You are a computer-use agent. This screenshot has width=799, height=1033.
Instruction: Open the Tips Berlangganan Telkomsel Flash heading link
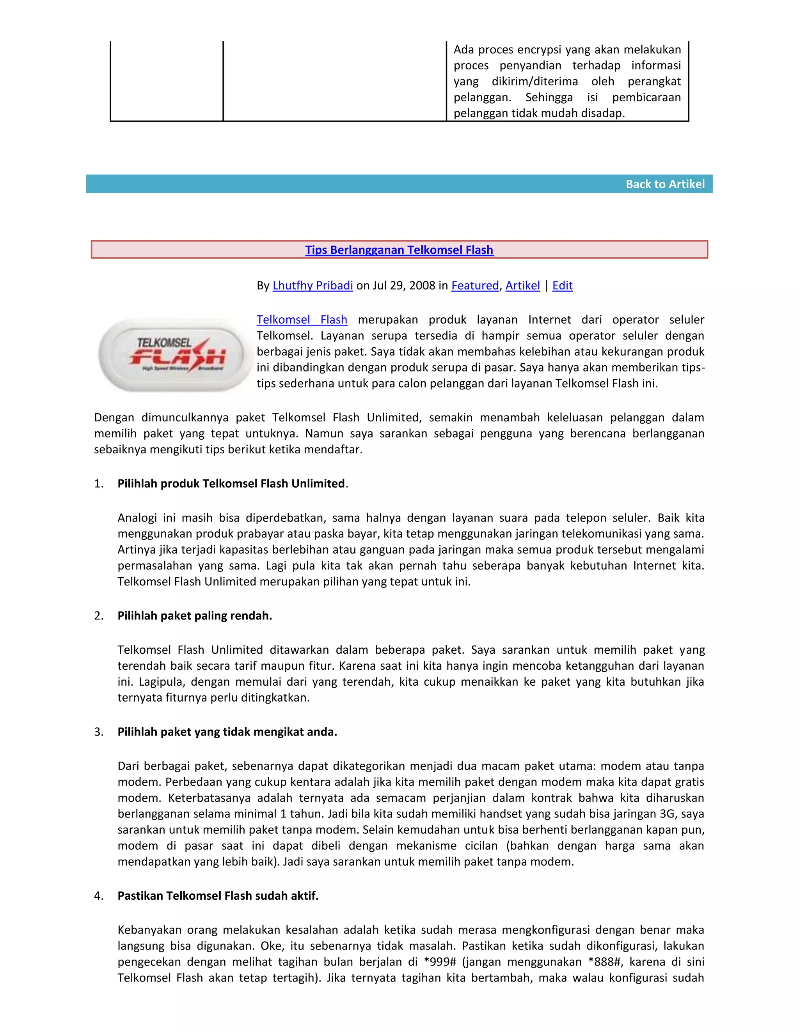point(399,250)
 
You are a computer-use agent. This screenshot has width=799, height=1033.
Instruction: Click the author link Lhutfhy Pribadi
point(312,286)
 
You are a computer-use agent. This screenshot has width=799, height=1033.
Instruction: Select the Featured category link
point(475,286)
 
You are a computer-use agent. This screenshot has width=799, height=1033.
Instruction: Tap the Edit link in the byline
point(562,286)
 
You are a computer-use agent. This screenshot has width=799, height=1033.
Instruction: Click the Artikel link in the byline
point(522,286)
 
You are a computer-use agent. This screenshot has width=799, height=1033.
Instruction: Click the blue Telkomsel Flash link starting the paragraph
point(302,320)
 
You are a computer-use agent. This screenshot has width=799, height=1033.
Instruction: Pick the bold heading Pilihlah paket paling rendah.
point(195,616)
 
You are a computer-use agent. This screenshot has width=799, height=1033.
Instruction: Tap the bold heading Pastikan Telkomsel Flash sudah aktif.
point(218,895)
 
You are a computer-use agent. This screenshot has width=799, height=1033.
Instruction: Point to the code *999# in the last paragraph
point(439,962)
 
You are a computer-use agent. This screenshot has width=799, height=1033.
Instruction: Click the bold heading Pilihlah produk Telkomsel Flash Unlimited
point(231,483)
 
